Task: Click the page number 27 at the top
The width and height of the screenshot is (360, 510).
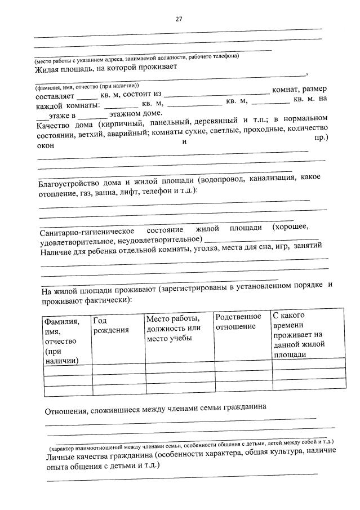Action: pos(179,19)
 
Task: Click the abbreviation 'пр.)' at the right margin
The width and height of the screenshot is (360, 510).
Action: pos(320,137)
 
